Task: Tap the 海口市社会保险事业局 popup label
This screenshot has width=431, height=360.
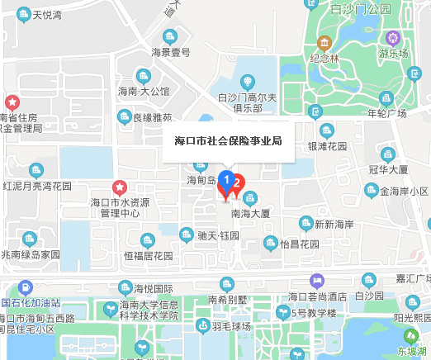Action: click(x=224, y=140)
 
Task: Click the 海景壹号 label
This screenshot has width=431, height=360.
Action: click(x=171, y=52)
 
